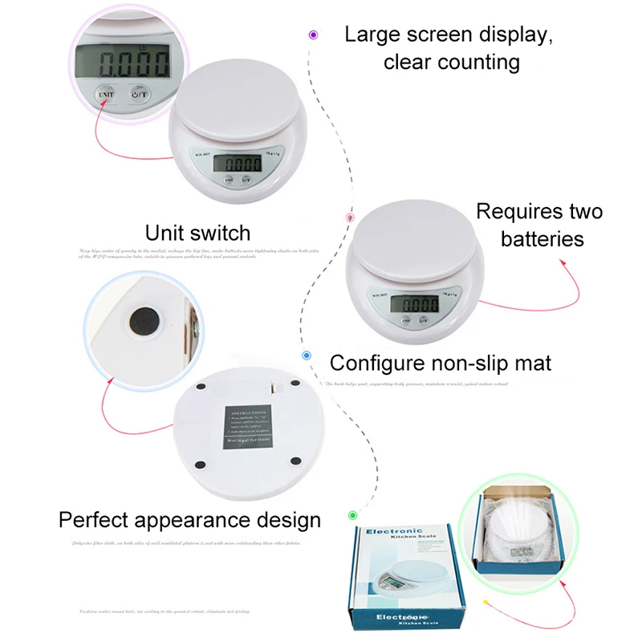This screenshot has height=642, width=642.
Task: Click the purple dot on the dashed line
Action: (x=313, y=35)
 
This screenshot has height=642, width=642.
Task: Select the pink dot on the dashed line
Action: (x=350, y=217)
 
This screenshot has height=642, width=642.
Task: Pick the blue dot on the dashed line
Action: (x=307, y=355)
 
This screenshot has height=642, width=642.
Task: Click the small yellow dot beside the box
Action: (x=485, y=601)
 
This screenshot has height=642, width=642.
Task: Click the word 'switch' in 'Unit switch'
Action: (x=218, y=234)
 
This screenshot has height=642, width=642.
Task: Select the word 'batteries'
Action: (x=542, y=239)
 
